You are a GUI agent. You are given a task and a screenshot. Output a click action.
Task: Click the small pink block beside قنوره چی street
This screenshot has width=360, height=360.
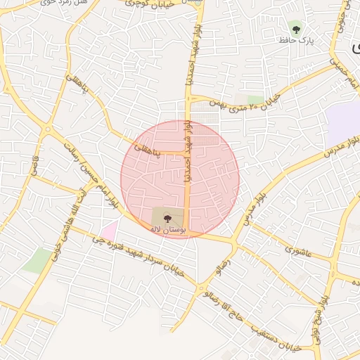(109, 229)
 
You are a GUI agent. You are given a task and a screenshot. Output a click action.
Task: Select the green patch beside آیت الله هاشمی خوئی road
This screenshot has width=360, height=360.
(37, 261)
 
